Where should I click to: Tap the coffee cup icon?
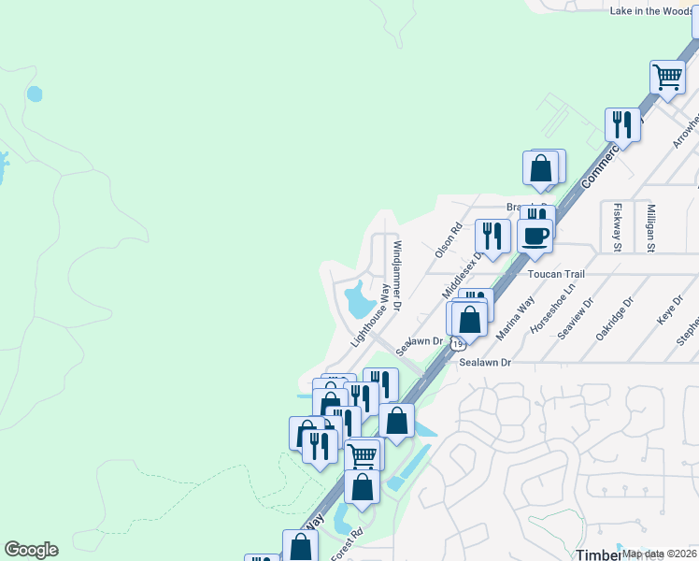click(x=535, y=236)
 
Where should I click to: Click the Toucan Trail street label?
click(x=556, y=274)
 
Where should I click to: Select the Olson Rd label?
click(x=449, y=240)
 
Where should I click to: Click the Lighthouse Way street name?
click(x=370, y=316)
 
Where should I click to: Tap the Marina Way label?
click(x=516, y=318)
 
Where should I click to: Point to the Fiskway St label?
click(x=617, y=227)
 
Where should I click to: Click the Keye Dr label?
click(x=665, y=310)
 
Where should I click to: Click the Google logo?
click(x=31, y=550)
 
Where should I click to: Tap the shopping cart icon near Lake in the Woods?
click(x=667, y=78)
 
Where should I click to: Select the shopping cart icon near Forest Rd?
click(x=362, y=455)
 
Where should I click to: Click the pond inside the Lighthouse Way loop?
click(x=359, y=301)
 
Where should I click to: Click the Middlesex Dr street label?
click(x=467, y=268)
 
